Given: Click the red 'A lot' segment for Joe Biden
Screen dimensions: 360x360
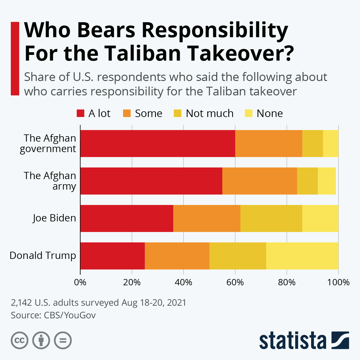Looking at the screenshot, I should [x=127, y=218].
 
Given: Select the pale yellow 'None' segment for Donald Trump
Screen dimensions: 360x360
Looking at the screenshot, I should [x=302, y=256].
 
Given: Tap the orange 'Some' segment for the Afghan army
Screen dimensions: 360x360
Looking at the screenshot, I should [x=259, y=181].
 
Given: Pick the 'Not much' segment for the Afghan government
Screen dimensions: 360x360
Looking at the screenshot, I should [x=312, y=143].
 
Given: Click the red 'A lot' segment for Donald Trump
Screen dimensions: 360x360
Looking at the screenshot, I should [x=112, y=256].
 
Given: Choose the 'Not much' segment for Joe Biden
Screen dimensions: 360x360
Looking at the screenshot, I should [x=271, y=218].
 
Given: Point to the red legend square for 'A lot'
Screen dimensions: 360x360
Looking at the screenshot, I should [x=80, y=113].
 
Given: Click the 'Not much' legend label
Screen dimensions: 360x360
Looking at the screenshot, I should [x=209, y=113].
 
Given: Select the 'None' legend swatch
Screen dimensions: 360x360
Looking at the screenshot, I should [x=248, y=113].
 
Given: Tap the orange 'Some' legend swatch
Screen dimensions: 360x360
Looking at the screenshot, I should [x=127, y=113].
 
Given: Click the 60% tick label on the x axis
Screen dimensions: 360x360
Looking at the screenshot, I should [x=235, y=283].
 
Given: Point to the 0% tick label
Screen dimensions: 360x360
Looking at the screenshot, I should [x=80, y=283].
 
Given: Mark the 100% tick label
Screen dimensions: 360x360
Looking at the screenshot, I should [x=338, y=283].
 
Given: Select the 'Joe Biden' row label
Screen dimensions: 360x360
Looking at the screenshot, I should [x=54, y=218].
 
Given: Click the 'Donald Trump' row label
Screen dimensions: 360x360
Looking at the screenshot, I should [x=43, y=256].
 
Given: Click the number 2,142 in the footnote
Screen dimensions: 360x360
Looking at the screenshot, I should [x=21, y=302].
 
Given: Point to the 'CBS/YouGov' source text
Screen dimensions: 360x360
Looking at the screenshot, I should [x=70, y=315].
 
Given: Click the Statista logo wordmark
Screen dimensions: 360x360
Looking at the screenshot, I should [x=293, y=341].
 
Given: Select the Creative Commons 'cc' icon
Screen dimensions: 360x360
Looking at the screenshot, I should [x=19, y=340].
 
